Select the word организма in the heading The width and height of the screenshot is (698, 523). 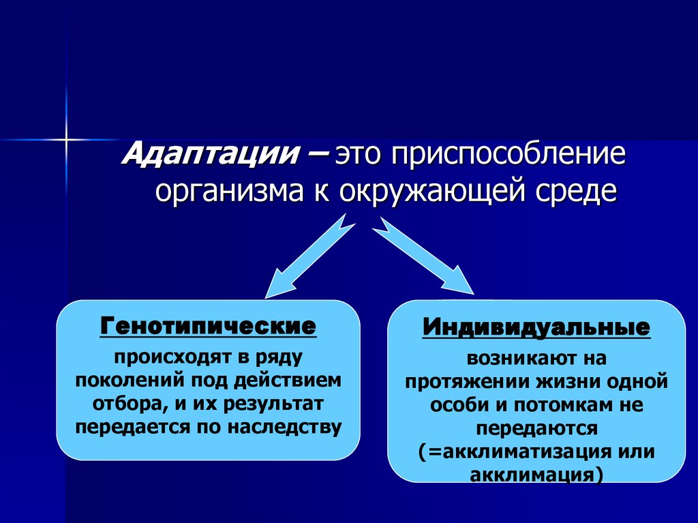tap(228, 191)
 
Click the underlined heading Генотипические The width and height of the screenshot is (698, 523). tap(209, 325)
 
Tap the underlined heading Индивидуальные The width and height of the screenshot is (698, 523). tap(536, 327)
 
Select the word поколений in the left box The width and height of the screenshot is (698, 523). tap(120, 379)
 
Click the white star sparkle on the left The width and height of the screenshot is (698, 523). tap(66, 139)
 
